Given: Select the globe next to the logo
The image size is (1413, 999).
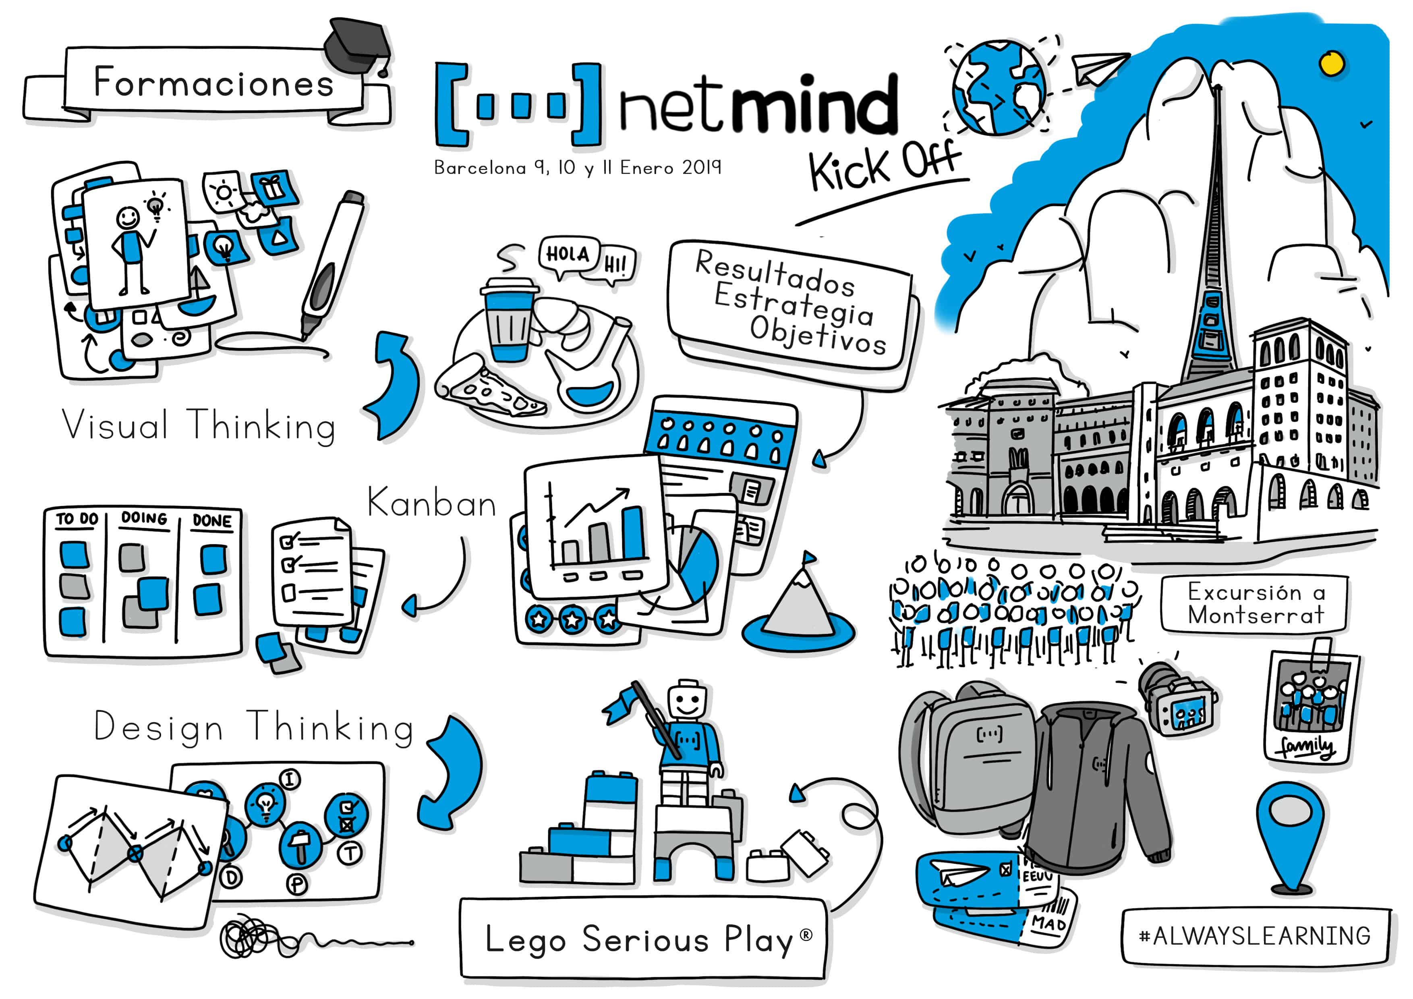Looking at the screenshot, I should [x=998, y=87].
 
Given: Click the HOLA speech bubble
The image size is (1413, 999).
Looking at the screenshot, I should [x=568, y=254].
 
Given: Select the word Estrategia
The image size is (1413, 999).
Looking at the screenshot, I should [x=794, y=304].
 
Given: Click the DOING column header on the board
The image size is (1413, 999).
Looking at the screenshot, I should [x=144, y=518].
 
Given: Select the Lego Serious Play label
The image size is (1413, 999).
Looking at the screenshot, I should [x=643, y=939].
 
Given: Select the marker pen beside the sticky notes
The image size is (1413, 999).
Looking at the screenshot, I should [x=332, y=265].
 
